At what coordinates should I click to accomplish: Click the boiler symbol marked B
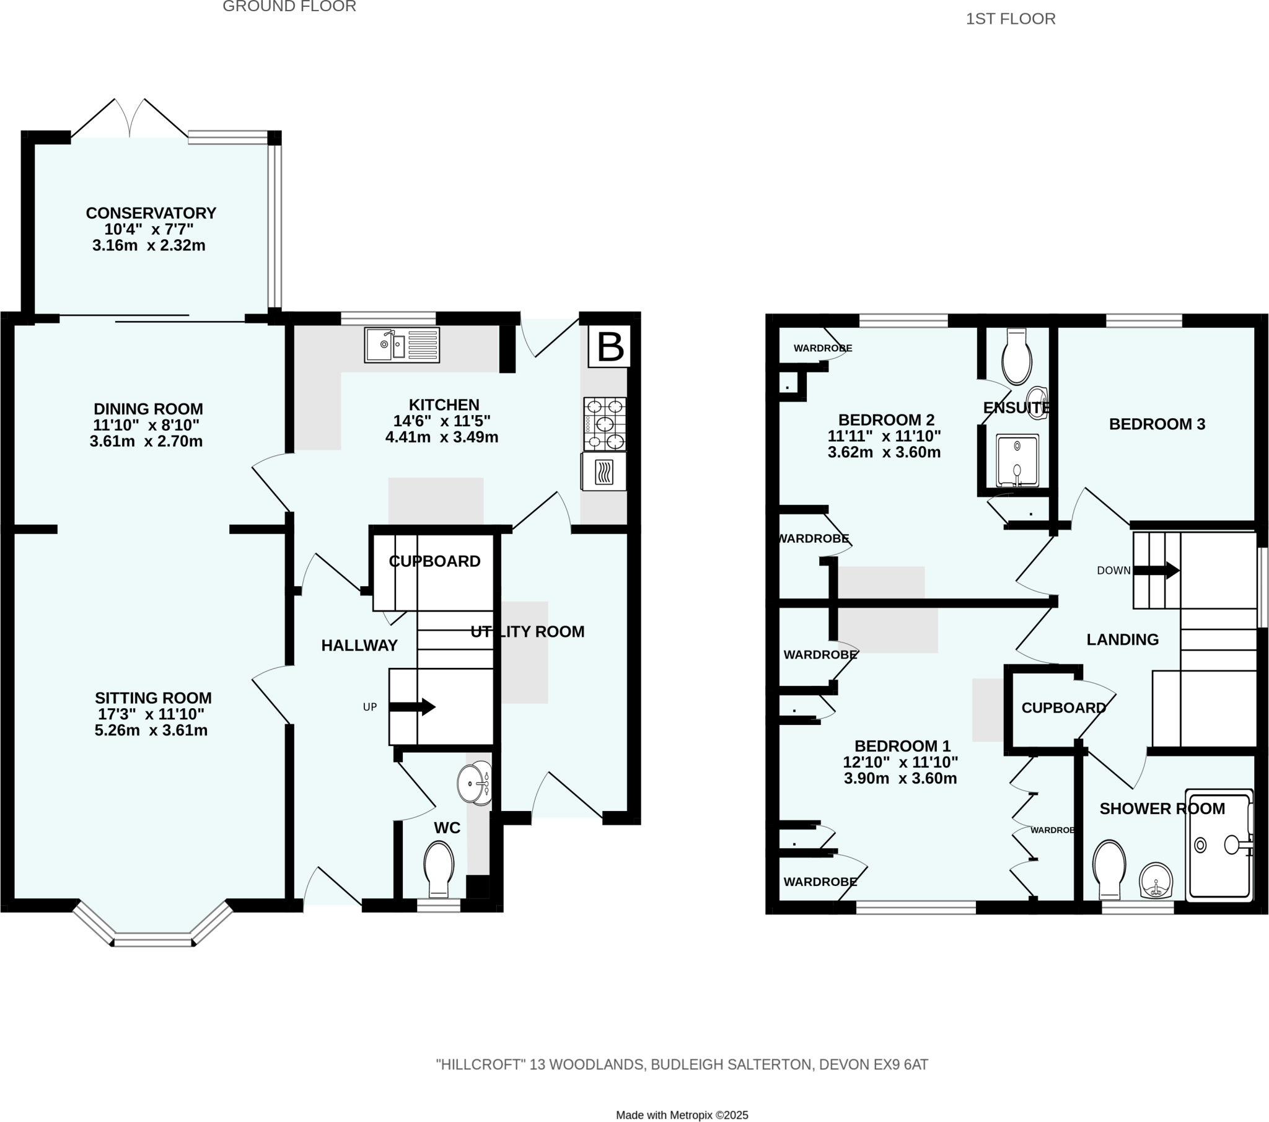click(610, 346)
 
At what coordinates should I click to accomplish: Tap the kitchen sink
click(402, 345)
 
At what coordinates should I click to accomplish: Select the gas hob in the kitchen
click(604, 424)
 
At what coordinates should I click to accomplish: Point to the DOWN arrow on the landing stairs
click(1157, 570)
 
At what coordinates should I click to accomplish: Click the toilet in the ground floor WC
click(439, 867)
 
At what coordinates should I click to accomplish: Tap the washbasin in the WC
click(475, 784)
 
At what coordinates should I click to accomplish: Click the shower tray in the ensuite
click(1017, 461)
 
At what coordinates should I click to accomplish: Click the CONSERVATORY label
click(151, 213)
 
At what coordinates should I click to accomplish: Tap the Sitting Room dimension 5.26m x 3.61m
click(151, 730)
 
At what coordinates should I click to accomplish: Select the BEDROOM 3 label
click(1157, 424)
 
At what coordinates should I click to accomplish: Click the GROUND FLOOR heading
click(289, 7)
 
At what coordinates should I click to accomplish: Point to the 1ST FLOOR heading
click(1010, 19)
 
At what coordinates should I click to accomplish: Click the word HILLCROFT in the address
click(481, 1064)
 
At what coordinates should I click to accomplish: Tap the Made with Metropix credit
click(682, 1115)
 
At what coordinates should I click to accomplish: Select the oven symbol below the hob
click(604, 471)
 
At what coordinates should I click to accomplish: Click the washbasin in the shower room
click(1156, 880)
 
